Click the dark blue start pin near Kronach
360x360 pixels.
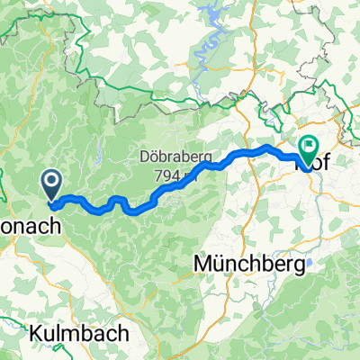click(51, 186)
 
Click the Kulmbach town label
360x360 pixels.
click(78, 332)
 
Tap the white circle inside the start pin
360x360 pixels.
click(51, 184)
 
